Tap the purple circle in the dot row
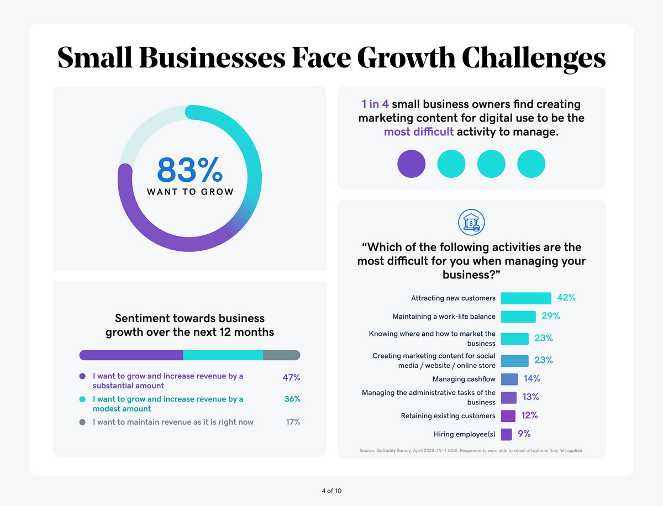click(412, 164)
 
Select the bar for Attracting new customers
click(525, 298)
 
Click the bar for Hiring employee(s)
click(506, 434)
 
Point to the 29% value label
click(550, 316)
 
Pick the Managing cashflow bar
click(509, 379)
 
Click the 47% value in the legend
click(291, 377)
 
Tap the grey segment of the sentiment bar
click(281, 355)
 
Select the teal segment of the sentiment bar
click(223, 355)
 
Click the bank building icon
click(471, 223)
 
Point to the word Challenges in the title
click(534, 57)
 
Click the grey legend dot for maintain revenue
click(82, 422)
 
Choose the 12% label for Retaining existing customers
click(529, 415)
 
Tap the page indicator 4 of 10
click(331, 491)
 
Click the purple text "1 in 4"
click(375, 104)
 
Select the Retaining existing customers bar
click(508, 415)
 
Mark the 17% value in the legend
click(293, 422)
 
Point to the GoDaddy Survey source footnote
click(471, 451)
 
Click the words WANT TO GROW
click(190, 192)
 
